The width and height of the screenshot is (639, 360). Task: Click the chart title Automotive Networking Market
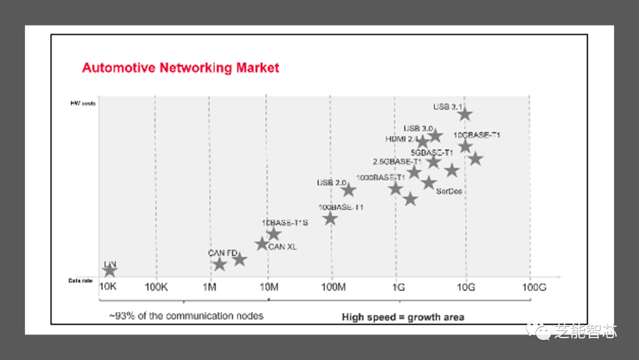click(180, 67)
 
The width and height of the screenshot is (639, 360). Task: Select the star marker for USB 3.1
click(465, 114)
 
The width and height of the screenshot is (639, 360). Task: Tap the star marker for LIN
click(109, 271)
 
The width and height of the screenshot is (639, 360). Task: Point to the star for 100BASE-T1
click(330, 218)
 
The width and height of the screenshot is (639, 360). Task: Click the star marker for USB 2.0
click(348, 190)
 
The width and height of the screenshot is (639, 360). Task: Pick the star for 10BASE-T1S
click(273, 233)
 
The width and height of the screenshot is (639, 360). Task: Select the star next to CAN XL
click(262, 243)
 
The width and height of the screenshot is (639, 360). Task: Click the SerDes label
click(448, 191)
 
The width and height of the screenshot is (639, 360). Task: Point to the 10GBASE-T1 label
click(477, 135)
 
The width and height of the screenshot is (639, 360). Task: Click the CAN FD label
click(222, 253)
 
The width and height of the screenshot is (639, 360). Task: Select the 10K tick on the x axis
click(108, 287)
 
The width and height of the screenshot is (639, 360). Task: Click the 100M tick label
click(333, 287)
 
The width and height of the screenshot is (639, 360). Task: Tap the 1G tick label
click(398, 287)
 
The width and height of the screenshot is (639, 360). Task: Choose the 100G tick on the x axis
click(533, 287)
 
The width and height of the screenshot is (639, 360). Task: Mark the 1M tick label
click(210, 287)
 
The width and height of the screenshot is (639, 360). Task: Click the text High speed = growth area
click(403, 317)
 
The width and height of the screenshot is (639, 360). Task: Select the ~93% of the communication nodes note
click(186, 316)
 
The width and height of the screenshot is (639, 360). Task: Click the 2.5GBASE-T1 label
click(397, 162)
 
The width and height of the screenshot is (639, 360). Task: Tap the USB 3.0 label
click(419, 128)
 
